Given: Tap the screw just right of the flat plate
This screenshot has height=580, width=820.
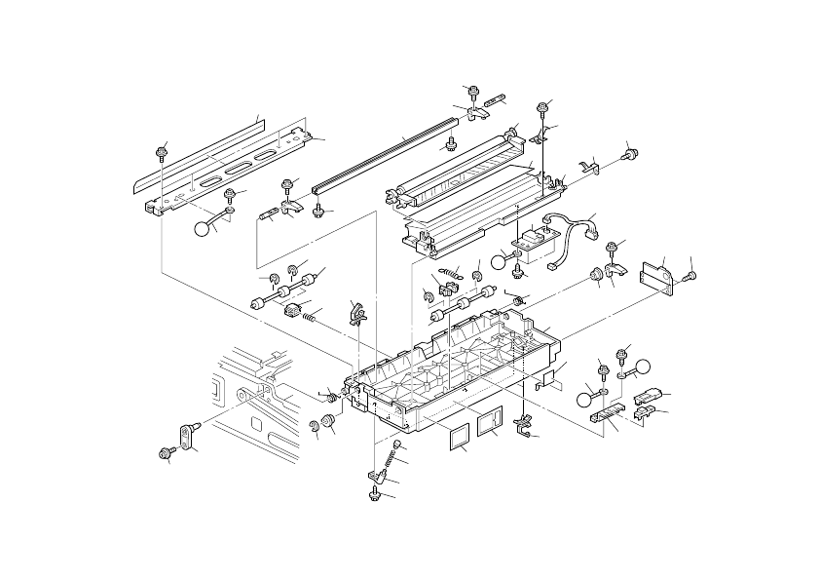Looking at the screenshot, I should [x=692, y=277].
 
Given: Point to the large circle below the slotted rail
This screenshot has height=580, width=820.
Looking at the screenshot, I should [x=203, y=229].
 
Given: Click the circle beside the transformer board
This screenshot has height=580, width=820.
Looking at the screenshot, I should [x=501, y=260].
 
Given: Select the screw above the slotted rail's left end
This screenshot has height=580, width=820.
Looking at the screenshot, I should [x=162, y=152].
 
